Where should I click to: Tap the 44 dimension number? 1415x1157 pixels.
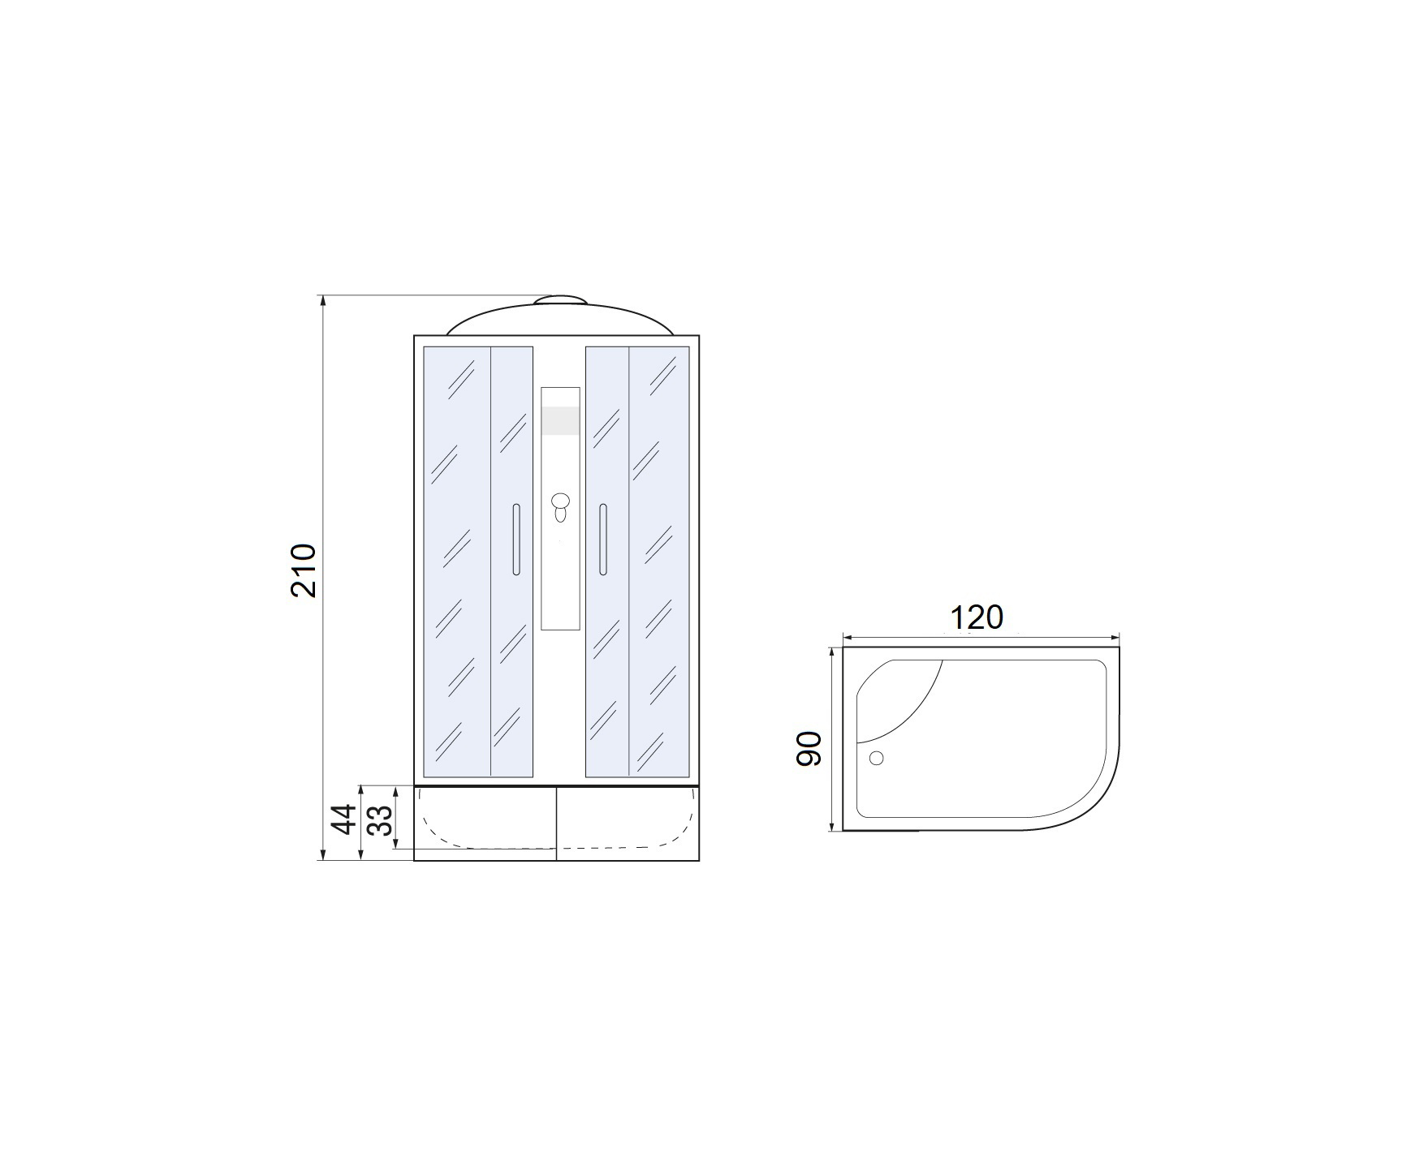point(346,819)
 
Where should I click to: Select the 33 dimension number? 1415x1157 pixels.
point(380,819)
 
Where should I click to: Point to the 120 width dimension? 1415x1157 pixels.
point(977,618)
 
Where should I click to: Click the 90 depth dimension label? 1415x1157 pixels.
point(809,748)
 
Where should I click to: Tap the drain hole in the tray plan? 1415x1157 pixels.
point(876,758)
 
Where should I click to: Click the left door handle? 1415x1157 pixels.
point(516,540)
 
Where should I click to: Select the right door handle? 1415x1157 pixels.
point(602,540)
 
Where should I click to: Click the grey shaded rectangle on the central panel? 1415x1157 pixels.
point(560,421)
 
